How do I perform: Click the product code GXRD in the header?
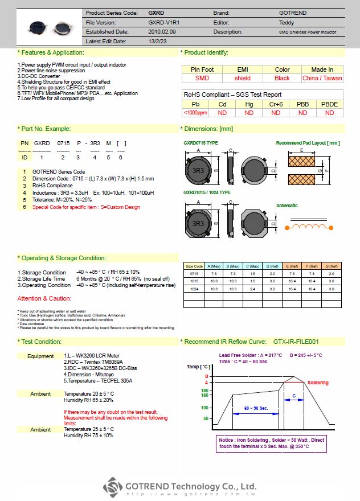click(156, 13)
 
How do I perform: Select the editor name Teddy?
click(287, 22)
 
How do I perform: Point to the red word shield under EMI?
click(242, 78)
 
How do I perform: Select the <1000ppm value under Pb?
click(195, 113)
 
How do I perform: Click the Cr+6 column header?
click(276, 104)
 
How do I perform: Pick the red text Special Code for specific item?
click(86, 207)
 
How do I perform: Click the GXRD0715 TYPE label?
click(201, 143)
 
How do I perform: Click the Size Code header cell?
click(194, 266)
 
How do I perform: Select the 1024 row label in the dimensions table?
click(194, 289)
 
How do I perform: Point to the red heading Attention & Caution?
click(44, 299)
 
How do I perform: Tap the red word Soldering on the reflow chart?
click(318, 383)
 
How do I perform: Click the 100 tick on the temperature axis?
click(205, 408)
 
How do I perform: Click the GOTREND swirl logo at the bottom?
click(113, 487)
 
